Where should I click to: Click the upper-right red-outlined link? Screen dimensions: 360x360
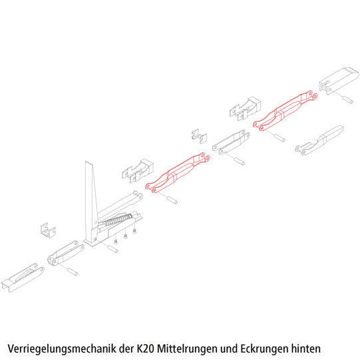tap(286, 110)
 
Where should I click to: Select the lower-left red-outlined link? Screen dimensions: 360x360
tap(177, 173)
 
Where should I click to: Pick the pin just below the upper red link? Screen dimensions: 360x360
tap(276, 138)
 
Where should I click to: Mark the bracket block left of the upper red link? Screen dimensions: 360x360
tap(243, 106)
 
